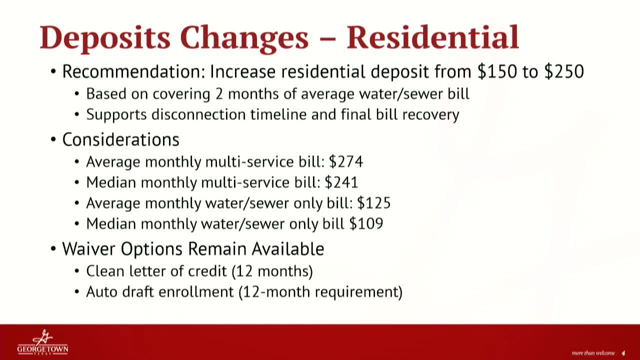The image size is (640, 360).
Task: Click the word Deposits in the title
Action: point(105,38)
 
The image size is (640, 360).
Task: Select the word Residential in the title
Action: point(432,37)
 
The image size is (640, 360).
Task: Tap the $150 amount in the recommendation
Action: point(497,71)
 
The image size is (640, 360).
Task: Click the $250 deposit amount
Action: point(564,71)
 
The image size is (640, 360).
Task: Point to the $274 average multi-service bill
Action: point(345,161)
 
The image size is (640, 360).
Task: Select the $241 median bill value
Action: point(341,182)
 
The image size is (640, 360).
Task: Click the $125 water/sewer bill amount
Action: point(373,203)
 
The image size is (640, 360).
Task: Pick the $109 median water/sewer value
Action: point(366,223)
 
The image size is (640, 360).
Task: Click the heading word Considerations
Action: point(120,139)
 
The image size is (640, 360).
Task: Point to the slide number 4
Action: point(623,353)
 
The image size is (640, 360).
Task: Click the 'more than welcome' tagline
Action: point(593,353)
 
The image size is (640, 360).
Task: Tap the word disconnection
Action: point(198,114)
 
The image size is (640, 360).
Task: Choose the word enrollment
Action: point(196,292)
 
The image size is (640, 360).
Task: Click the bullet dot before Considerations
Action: point(53,140)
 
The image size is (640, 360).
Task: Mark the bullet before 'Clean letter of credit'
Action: point(76,271)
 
